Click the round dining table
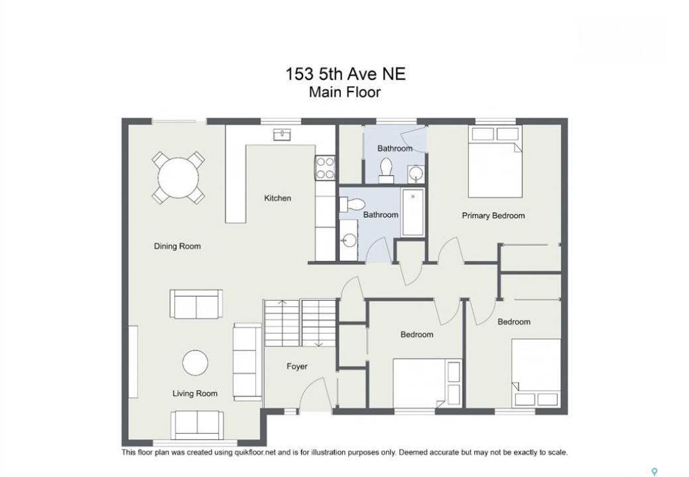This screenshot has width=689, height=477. click(178, 178)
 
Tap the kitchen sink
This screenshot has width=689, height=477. click(282, 134)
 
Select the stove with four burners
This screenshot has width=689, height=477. click(325, 168)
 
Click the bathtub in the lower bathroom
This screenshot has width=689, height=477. click(413, 213)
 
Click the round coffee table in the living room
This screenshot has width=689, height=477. click(195, 362)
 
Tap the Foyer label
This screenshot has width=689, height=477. click(297, 366)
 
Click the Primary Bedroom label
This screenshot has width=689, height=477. click(493, 215)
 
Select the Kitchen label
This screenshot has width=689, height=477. click(277, 198)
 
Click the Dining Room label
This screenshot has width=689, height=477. click(177, 246)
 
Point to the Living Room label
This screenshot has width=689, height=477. click(195, 393)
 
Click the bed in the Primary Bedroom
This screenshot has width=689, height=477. click(495, 162)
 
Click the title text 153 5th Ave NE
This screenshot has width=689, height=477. click(345, 74)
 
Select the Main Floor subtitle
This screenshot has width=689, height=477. click(345, 92)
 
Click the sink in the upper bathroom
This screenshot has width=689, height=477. click(416, 174)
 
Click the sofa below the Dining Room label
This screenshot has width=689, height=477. click(196, 303)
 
